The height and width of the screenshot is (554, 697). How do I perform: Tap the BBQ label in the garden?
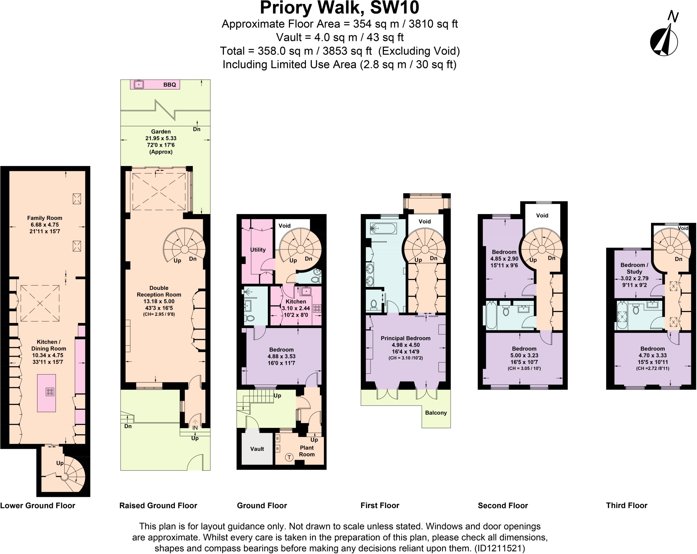click(x=169, y=85)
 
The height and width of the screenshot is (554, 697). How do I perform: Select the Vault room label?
click(x=257, y=449)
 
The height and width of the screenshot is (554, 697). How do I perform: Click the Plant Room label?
click(x=307, y=451)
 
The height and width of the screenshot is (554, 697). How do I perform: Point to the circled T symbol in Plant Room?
click(x=289, y=457)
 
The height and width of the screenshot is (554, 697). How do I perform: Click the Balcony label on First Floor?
click(x=436, y=413)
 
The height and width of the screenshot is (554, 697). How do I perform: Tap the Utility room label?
click(x=258, y=249)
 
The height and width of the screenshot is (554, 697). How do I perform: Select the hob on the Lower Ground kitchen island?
click(x=50, y=392)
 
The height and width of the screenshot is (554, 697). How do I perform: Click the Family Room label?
click(x=45, y=218)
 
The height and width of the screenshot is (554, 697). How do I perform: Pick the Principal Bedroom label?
click(x=405, y=338)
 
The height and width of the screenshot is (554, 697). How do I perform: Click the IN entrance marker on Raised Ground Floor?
click(x=195, y=428)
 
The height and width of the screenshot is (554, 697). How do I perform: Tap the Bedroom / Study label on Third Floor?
click(x=634, y=268)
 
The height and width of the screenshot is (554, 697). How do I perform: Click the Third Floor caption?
click(x=627, y=505)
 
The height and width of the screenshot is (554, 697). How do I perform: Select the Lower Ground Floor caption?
click(x=38, y=505)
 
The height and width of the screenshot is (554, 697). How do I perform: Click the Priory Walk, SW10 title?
click(x=339, y=7)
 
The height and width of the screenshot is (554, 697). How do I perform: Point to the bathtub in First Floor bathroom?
click(x=382, y=228)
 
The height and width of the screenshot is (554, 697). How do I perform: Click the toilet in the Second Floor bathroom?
click(x=506, y=311)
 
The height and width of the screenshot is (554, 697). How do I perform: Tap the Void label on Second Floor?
click(x=542, y=215)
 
